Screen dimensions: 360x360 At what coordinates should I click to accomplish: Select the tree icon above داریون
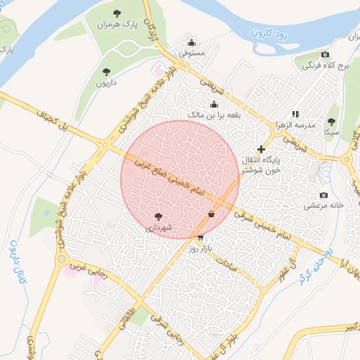[106, 71]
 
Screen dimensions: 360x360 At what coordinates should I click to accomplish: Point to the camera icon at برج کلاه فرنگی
[325, 54]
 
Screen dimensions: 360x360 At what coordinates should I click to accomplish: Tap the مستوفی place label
[191, 53]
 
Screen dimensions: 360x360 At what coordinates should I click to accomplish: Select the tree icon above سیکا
[330, 121]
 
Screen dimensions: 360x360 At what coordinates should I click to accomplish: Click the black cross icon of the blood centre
[262, 149]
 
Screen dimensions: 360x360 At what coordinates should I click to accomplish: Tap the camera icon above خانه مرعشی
[323, 195]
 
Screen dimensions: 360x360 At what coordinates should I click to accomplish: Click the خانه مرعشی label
[323, 206]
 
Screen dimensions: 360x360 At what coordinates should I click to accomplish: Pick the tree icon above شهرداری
[157, 217]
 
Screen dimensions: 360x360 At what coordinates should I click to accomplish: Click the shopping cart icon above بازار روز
[202, 238]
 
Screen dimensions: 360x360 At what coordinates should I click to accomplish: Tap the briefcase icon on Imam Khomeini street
[211, 214]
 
